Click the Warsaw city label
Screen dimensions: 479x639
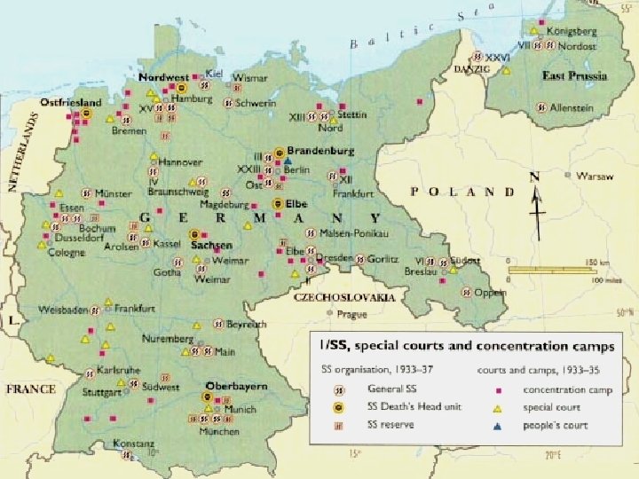pos(588,177)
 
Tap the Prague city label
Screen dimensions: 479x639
pos(352,314)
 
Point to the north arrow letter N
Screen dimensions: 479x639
pos(533,177)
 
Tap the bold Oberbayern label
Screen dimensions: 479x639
pos(236,387)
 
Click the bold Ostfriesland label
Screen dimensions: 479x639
pos(66,104)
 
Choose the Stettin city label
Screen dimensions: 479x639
pos(351,114)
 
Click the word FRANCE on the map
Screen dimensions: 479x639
pos(30,389)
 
